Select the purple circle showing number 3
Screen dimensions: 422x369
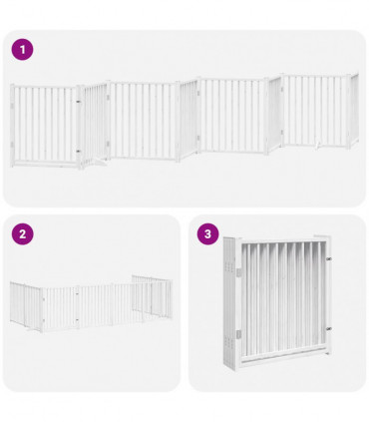click(207, 234)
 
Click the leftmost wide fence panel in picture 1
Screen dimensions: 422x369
click(45, 123)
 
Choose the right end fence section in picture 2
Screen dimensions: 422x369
click(152, 296)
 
